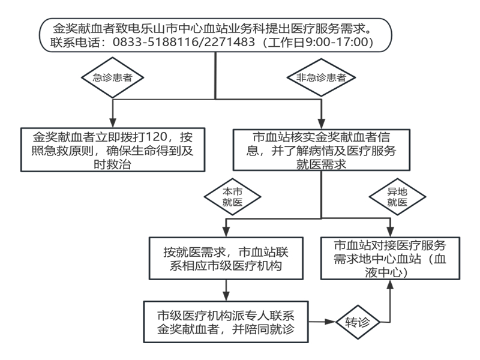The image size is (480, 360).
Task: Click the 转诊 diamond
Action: (x=361, y=322)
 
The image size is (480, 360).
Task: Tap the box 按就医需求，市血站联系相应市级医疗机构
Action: (x=227, y=258)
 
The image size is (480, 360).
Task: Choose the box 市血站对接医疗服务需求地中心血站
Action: (x=391, y=258)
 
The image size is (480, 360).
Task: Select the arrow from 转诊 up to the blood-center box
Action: (x=391, y=300)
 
